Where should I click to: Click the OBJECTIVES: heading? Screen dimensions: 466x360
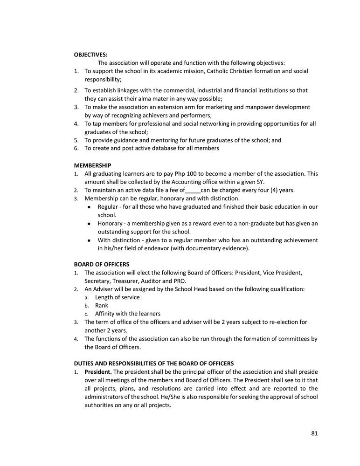tap(90, 55)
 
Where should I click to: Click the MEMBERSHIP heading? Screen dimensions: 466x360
tap(92, 165)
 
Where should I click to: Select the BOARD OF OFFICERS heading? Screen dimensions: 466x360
tap(102, 264)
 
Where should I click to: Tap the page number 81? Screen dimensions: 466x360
tap(314, 433)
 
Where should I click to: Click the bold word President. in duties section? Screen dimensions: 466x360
tap(98, 372)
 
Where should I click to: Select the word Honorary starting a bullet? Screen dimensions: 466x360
tap(111, 224)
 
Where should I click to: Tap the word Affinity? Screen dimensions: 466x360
tap(105, 314)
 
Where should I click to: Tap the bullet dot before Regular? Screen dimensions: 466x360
tap(89, 207)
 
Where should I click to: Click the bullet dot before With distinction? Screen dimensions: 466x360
tap(89, 240)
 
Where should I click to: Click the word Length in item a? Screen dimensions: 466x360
tap(104, 297)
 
